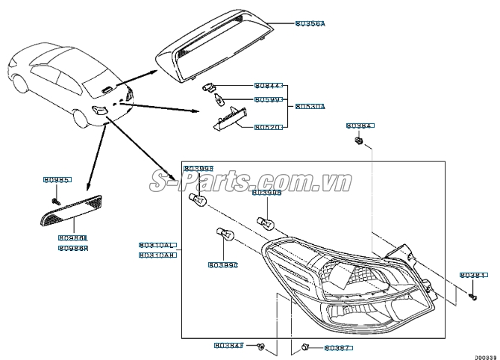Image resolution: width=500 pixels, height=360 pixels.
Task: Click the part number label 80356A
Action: point(310,24)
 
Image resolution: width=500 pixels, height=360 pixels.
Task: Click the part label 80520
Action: point(266,127)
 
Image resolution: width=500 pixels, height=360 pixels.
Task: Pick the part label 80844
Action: point(266,86)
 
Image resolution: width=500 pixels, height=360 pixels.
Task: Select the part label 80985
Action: point(56,180)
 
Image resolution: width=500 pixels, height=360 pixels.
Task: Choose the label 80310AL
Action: point(157,245)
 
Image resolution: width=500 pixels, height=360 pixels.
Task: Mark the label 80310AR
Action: point(157,255)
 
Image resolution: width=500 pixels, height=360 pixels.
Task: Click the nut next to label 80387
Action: point(306,347)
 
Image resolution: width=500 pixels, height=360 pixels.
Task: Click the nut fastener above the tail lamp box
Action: point(359,140)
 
